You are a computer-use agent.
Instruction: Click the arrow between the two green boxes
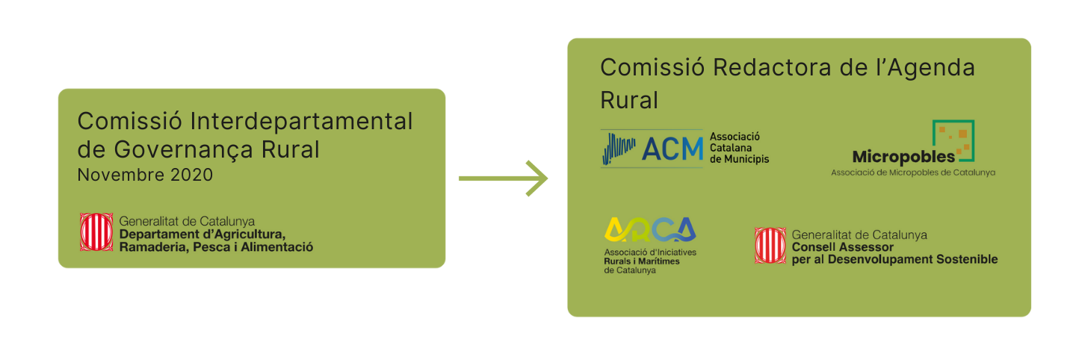(503, 179)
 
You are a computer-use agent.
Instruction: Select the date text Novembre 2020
(145, 176)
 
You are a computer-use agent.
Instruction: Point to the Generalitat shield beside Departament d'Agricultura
(96, 232)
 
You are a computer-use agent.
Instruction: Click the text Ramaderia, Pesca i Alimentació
(216, 246)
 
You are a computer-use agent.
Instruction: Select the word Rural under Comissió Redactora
(629, 100)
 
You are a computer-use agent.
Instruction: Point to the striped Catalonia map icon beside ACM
(619, 148)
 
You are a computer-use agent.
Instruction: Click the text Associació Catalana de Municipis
(738, 148)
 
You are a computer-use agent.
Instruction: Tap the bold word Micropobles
(903, 156)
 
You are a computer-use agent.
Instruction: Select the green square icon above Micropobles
(953, 140)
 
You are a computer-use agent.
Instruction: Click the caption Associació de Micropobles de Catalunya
(913, 173)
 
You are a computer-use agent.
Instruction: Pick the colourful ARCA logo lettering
(649, 230)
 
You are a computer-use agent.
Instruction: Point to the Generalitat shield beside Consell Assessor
(770, 246)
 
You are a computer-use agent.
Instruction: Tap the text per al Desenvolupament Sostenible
(894, 259)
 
